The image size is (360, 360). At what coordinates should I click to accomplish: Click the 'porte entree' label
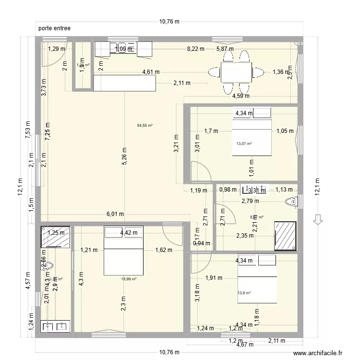tap(55, 28)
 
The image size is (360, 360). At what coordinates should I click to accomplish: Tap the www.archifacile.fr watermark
tap(318, 353)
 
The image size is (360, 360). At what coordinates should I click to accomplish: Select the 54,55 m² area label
tap(144, 126)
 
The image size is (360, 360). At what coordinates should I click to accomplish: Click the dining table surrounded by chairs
tap(236, 73)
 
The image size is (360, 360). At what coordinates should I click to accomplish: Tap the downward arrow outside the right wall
tap(317, 219)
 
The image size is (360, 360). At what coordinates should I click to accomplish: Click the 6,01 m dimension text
tap(115, 215)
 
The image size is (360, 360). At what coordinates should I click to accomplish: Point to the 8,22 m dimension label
tap(195, 48)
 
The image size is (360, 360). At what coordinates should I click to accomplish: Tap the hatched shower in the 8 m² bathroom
tap(285, 235)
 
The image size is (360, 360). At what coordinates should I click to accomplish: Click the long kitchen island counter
tap(125, 84)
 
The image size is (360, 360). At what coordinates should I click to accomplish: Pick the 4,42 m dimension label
tap(128, 233)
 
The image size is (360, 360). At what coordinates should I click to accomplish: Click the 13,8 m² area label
tap(245, 293)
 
